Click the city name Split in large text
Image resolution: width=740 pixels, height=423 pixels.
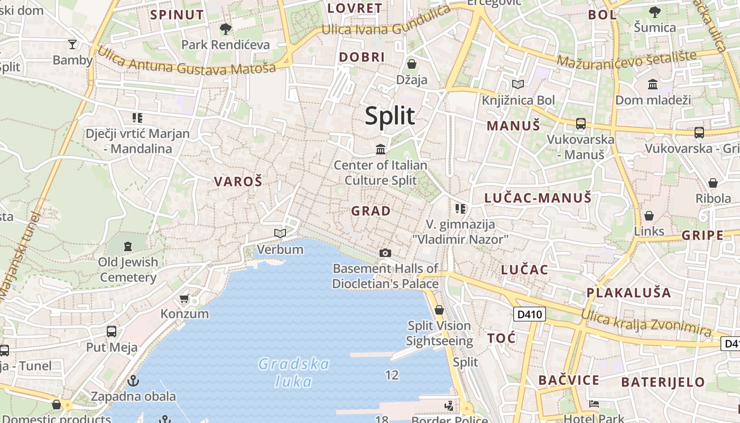point(390,116)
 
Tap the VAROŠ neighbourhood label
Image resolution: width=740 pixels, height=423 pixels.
point(238,181)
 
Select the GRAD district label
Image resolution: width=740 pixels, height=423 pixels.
point(371,211)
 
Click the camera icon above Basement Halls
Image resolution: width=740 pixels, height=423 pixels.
point(385,253)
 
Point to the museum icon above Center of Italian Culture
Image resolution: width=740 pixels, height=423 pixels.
point(381,150)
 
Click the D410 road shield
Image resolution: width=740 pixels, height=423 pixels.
point(530,315)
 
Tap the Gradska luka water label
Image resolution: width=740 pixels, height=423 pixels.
point(294,372)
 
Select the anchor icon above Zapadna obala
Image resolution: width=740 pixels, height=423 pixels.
point(134,380)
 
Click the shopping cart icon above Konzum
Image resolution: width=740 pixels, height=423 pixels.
point(184,299)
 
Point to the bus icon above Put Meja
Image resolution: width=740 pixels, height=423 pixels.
point(112,332)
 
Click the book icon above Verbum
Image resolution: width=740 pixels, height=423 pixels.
point(280,233)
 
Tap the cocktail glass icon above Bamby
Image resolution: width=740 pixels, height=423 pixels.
point(72,44)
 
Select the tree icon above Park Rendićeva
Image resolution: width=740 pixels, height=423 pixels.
point(226,29)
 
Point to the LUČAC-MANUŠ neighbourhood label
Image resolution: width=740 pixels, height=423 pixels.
point(538,198)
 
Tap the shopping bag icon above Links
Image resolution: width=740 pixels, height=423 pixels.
point(649,216)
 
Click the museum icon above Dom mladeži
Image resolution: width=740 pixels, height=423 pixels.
point(653,84)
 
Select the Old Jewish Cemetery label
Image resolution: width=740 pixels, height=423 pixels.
point(128,270)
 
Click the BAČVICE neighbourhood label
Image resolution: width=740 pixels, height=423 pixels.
point(569,380)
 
